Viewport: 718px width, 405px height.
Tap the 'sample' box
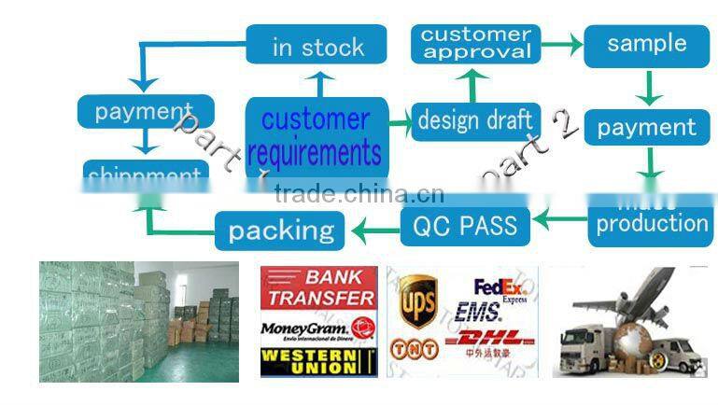click(x=646, y=45)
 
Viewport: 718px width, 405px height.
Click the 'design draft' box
click(x=475, y=120)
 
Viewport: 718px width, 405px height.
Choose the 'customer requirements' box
click(x=316, y=135)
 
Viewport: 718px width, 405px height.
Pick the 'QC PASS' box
click(x=464, y=225)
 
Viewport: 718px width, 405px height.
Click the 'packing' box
click(x=281, y=230)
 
